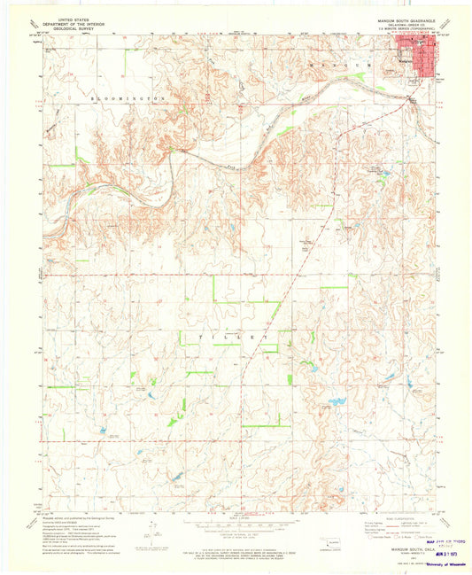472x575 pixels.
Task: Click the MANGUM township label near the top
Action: point(355,65)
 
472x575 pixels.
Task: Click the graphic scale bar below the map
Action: point(236,523)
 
